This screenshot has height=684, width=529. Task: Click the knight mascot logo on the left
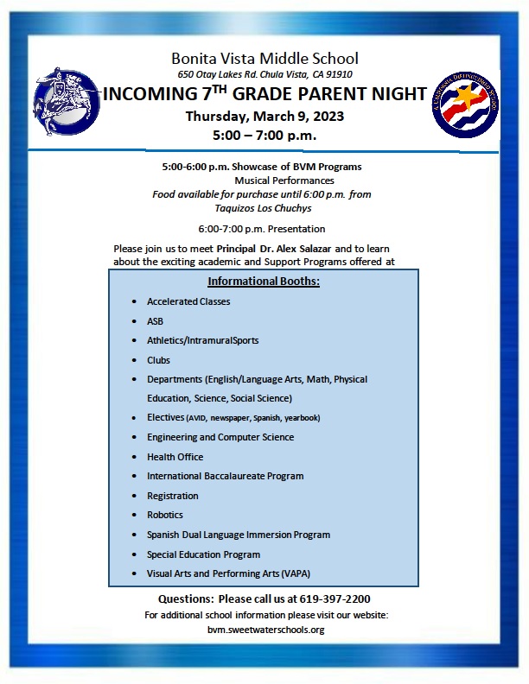67,101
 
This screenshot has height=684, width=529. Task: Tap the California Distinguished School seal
465,104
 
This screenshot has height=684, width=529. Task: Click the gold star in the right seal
466,96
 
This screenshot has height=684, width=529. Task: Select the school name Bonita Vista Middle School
265,59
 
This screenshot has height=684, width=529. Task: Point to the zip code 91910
339,74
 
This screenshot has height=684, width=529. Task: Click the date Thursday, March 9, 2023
265,117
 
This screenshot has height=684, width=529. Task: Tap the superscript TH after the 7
220,89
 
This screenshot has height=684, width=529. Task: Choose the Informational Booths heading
264,282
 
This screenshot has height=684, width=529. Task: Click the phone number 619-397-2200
335,599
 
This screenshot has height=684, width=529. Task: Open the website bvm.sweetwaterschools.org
266,630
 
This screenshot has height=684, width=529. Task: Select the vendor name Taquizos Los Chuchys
263,208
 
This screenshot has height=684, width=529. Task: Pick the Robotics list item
165,515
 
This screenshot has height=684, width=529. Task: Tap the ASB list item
155,321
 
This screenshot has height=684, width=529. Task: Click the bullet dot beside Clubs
135,360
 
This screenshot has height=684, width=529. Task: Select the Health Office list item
175,457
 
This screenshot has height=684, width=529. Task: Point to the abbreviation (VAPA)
296,573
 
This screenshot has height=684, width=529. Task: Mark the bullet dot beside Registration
135,496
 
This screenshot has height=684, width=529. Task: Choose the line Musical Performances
284,180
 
